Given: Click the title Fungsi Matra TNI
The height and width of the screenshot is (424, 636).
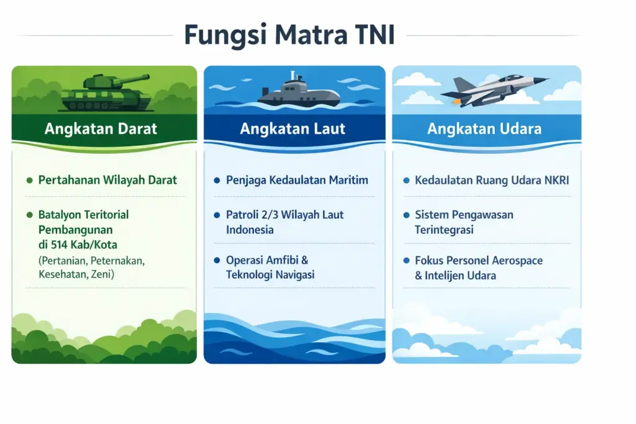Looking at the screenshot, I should click(x=289, y=35).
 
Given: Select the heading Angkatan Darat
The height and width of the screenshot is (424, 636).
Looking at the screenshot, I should click(x=101, y=129).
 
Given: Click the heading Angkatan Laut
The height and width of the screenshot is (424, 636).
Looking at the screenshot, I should click(x=293, y=129).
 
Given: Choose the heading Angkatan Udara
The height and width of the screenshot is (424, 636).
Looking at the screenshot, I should click(x=484, y=129).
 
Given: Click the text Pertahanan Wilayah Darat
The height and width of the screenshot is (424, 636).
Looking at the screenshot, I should click(x=107, y=180).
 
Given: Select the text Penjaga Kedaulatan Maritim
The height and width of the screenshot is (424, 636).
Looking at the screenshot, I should click(x=297, y=180).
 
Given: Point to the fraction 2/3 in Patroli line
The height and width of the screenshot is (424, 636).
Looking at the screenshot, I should click(x=271, y=215).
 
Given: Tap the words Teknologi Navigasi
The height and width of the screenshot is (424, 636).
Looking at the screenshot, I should click(x=270, y=274).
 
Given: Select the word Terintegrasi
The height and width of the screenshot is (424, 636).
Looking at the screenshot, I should click(x=444, y=230).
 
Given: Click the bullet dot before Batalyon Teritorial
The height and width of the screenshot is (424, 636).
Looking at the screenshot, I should click(x=29, y=215).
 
